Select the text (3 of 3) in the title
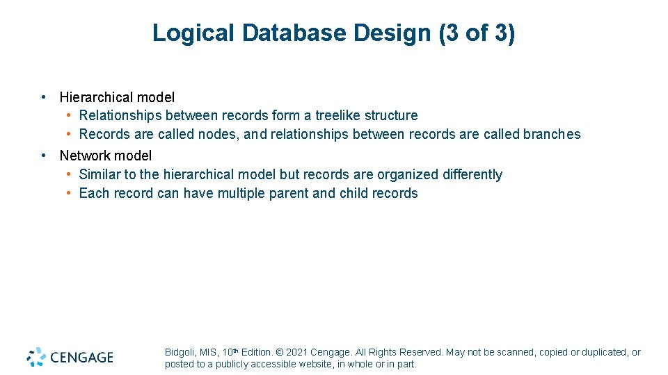coord(477,33)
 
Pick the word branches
coord(552,134)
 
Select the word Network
coord(85,156)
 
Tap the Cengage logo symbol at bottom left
coord(36,357)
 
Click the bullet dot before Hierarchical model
coord(43,97)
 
